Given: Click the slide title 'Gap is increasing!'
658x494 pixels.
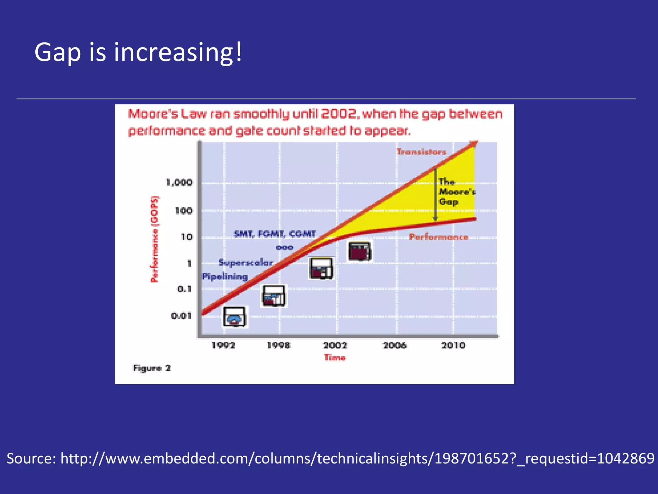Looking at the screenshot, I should (x=138, y=52).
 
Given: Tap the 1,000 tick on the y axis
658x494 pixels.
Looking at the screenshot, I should (x=179, y=183).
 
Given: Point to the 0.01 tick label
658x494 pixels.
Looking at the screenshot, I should (x=181, y=316).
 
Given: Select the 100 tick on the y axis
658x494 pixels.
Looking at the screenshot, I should (x=184, y=211).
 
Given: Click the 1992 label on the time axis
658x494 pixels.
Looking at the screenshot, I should (x=223, y=345).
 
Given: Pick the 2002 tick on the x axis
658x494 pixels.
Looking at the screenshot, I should (x=335, y=345).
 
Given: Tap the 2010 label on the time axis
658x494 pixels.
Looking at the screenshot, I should (x=453, y=345).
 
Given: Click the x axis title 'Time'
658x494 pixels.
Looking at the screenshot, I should (x=335, y=358).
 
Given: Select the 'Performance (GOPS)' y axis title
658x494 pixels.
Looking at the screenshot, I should (x=155, y=240).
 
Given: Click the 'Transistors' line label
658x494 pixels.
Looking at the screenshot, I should (x=422, y=152).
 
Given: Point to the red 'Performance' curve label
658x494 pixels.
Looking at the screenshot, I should (x=439, y=237).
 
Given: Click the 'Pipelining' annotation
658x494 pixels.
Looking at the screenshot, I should (x=225, y=277).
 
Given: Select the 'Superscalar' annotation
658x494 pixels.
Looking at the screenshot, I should (x=246, y=263).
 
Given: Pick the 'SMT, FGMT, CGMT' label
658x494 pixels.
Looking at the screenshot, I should (x=275, y=234).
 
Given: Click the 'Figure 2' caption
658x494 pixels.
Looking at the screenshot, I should (x=152, y=368).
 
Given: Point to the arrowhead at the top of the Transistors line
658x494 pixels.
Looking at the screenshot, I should (x=474, y=144).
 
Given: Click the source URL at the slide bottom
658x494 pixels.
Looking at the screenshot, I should (x=330, y=458).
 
